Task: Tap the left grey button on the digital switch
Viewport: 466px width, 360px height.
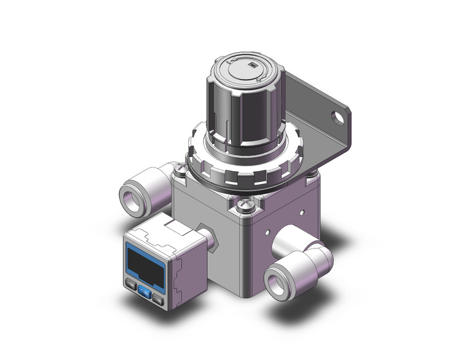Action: (131, 284)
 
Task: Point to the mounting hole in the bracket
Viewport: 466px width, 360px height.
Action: (337, 115)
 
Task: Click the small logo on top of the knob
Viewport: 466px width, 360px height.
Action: (251, 65)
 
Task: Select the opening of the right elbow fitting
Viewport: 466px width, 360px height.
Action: (278, 284)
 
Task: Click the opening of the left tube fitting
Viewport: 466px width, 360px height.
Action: (131, 197)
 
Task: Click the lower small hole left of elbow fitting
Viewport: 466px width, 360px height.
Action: (267, 232)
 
